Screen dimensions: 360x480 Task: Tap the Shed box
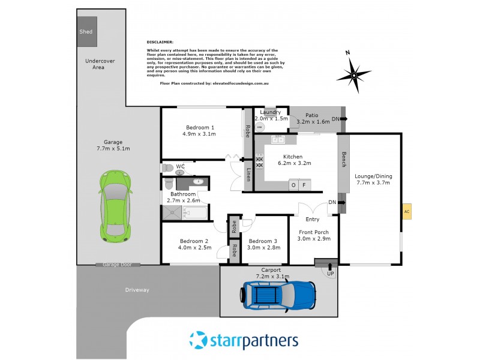point(86,32)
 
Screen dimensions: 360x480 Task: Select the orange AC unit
point(407,212)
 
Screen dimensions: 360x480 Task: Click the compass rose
point(353,75)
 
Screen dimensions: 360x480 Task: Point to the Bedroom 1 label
point(200,127)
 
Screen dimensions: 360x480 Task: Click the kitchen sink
point(278,140)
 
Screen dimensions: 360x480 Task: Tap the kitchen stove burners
point(260,161)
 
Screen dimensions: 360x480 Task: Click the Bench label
point(343,159)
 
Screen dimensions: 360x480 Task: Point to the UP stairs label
point(330,274)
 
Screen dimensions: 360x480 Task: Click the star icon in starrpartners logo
point(198,340)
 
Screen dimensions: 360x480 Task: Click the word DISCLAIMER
point(160,42)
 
